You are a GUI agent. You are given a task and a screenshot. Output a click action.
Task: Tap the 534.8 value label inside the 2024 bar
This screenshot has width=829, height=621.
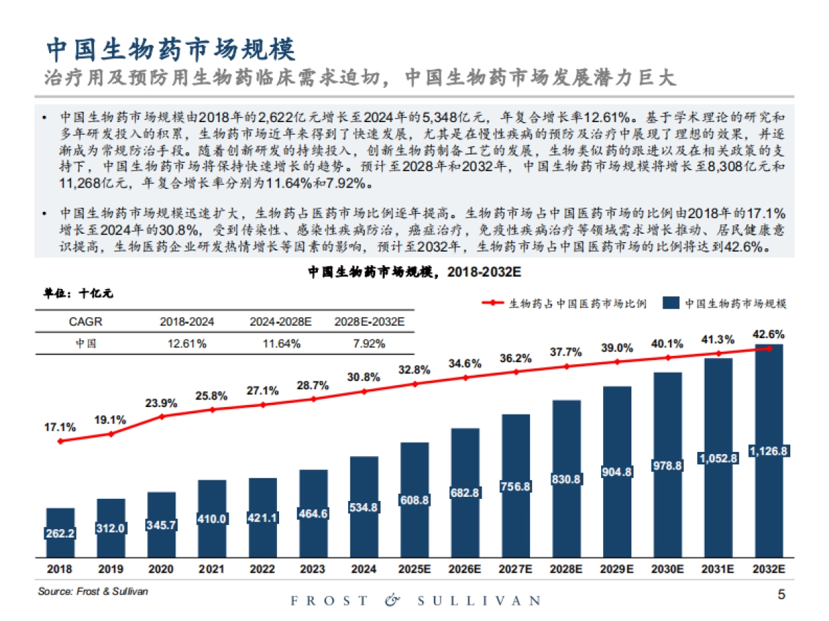(x=364, y=507)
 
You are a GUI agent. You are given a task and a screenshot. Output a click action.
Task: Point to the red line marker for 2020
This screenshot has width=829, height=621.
(x=162, y=416)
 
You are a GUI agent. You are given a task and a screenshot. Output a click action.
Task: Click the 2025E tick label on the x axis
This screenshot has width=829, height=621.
(x=414, y=569)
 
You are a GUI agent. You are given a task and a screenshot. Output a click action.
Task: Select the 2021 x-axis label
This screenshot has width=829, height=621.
(x=212, y=569)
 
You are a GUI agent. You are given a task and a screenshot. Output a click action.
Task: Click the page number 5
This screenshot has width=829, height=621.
(x=781, y=594)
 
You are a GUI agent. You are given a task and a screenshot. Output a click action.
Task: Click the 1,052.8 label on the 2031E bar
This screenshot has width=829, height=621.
(x=718, y=457)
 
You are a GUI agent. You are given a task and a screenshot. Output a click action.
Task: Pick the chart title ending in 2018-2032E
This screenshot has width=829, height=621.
(x=414, y=273)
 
